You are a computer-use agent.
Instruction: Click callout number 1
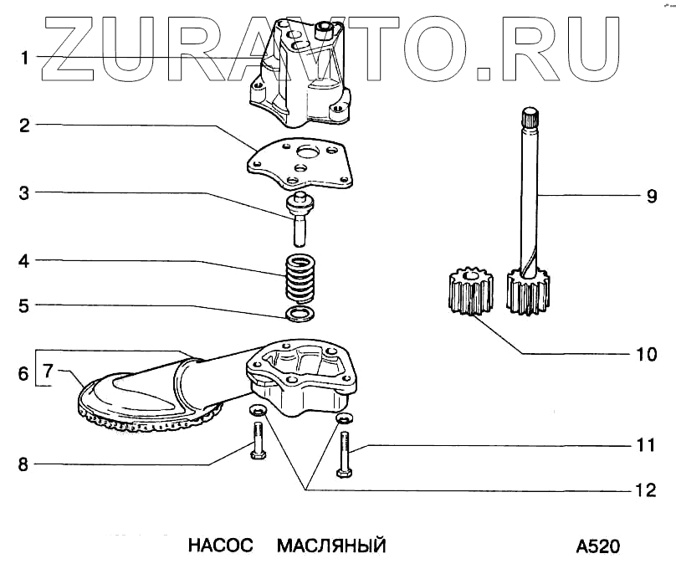point(26,58)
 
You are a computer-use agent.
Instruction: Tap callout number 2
point(26,126)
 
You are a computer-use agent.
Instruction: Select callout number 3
point(26,193)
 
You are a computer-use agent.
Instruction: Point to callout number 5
point(26,306)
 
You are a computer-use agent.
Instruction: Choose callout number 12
point(645,491)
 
